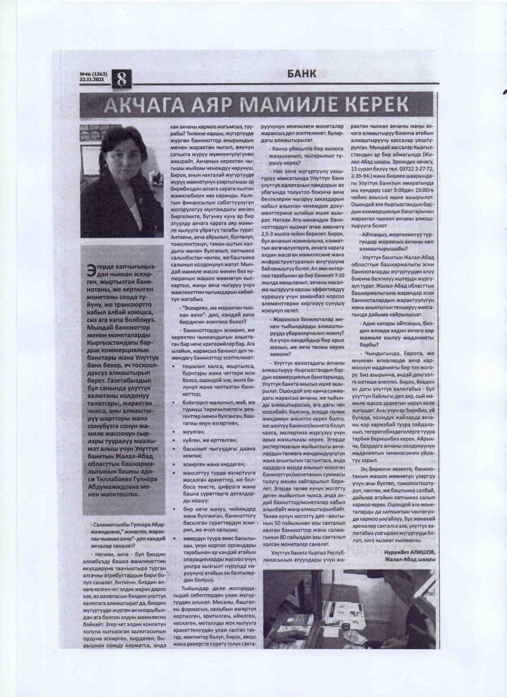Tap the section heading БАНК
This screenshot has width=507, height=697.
pyautogui.click(x=301, y=73)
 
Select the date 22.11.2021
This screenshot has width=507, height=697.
pyautogui.click(x=91, y=79)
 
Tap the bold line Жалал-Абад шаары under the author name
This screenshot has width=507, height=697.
pyautogui.click(x=409, y=559)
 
